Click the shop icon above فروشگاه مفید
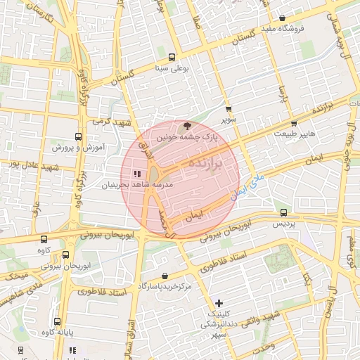[x=283, y=18]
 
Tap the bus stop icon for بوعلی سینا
[x=172, y=57]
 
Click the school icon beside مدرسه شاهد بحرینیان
[x=136, y=174]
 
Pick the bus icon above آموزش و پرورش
[x=77, y=136]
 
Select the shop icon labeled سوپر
[x=229, y=109]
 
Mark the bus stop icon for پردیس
[x=283, y=212]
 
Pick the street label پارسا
[x=283, y=95]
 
